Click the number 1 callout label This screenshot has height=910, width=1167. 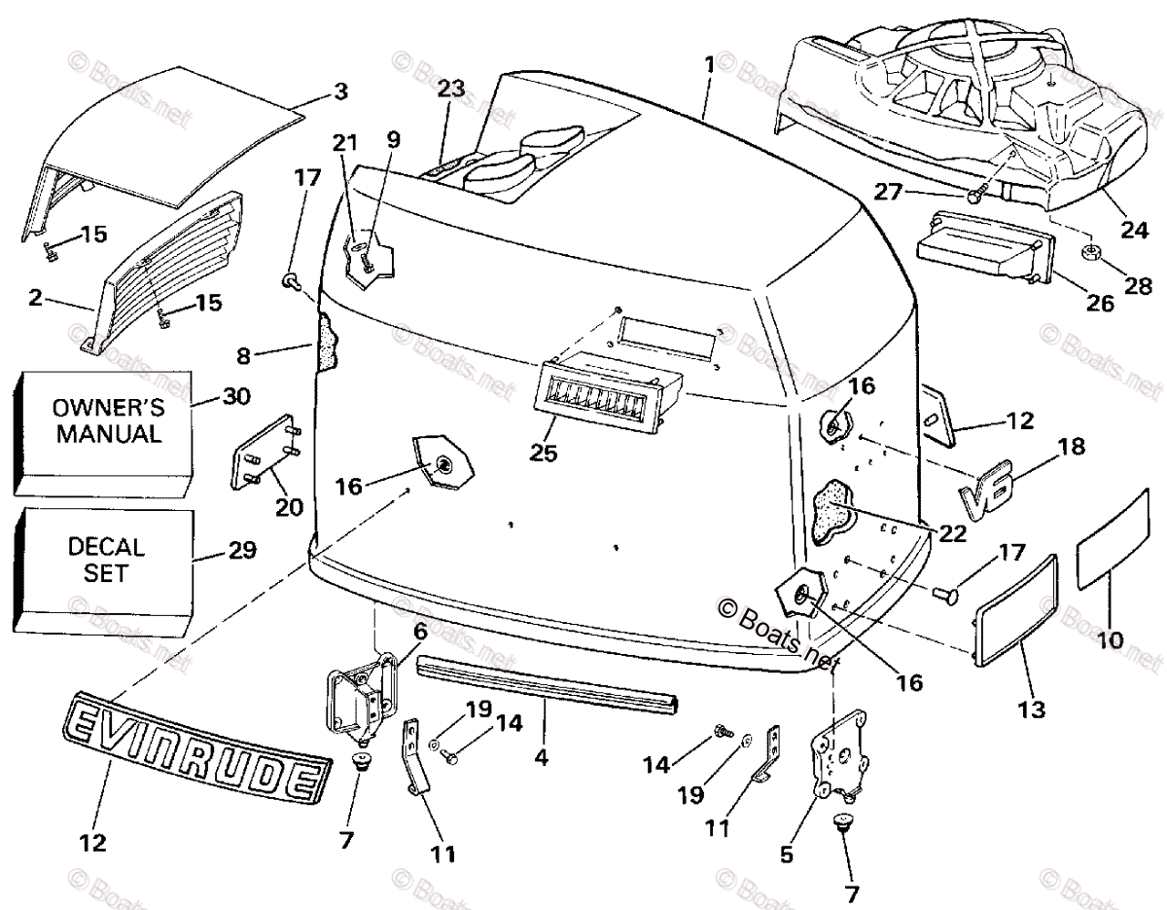tap(709, 65)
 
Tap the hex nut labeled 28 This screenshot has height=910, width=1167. tap(1089, 255)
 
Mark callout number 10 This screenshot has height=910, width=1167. tap(1110, 640)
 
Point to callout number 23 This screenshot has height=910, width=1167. tap(450, 89)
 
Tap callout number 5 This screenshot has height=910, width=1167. tap(786, 855)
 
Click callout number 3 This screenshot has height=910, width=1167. tap(340, 92)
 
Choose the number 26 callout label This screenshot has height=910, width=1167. tap(1100, 303)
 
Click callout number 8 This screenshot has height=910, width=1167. tap(243, 356)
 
